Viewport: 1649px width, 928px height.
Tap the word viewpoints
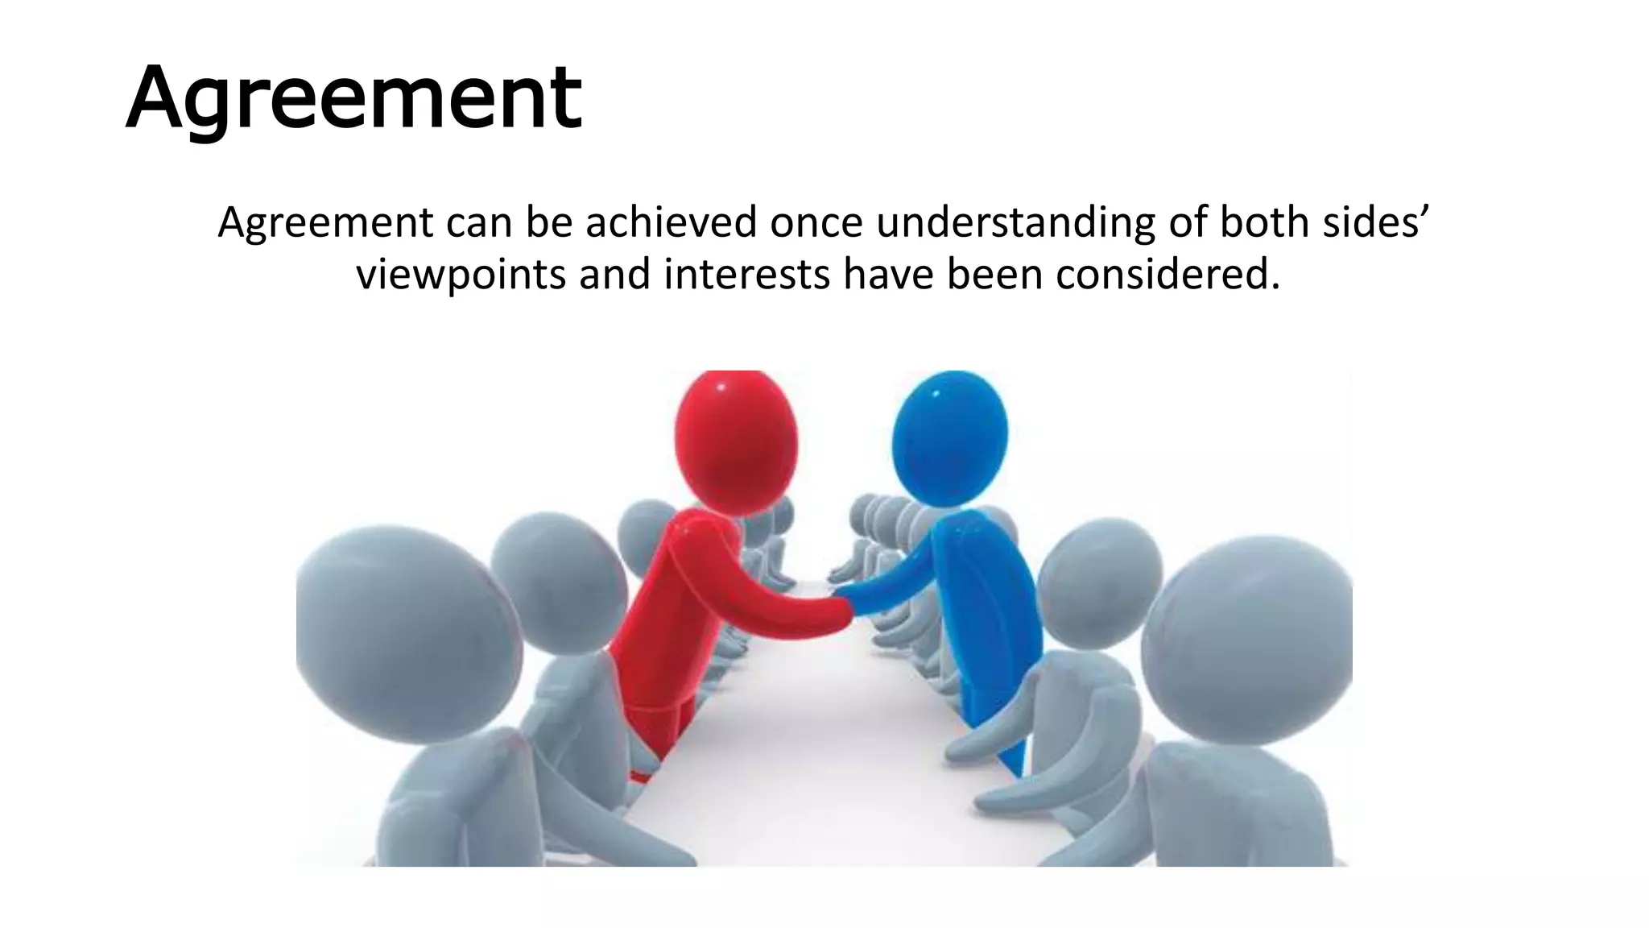[x=461, y=275]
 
